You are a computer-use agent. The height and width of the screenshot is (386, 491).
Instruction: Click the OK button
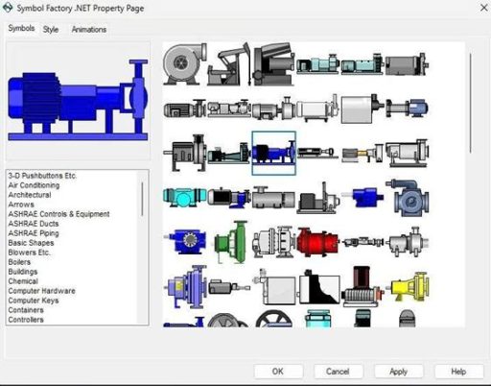[278, 372]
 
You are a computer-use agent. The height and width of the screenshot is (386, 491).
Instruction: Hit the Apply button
[398, 372]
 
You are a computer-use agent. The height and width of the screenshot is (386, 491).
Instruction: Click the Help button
[458, 372]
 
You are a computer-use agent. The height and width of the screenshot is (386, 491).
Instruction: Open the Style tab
[51, 30]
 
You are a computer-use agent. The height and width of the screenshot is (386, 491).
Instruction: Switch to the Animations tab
[89, 30]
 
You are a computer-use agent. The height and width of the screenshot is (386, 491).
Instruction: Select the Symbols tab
[21, 28]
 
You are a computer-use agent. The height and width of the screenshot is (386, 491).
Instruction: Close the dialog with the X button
[484, 8]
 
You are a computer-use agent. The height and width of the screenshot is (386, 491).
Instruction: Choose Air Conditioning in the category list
[34, 185]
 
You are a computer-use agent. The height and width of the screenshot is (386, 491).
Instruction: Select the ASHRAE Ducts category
[34, 224]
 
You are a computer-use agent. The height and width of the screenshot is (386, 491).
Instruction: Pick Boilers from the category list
[19, 262]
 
